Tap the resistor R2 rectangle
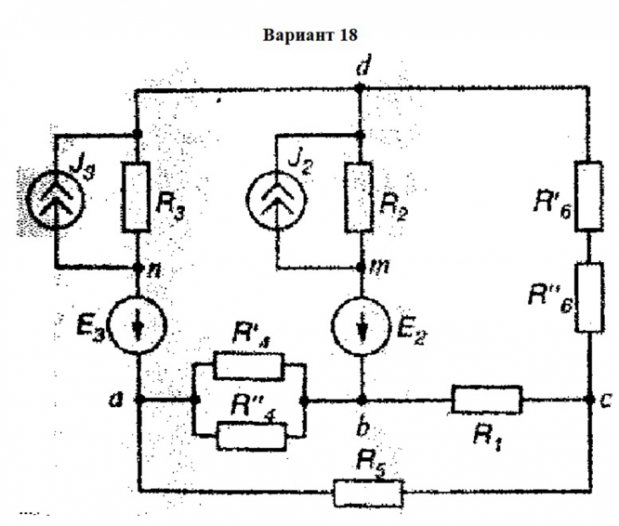[361, 196]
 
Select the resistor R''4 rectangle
[251, 434]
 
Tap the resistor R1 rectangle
[487, 401]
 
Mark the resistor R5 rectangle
[368, 492]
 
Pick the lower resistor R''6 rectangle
[589, 297]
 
